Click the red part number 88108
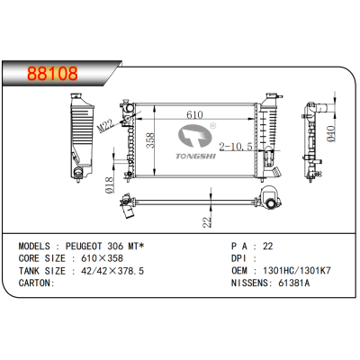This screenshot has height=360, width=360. click(x=52, y=74)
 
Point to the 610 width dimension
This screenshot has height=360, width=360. click(x=194, y=114)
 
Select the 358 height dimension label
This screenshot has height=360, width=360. click(x=149, y=140)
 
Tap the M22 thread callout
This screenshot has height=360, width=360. click(x=105, y=125)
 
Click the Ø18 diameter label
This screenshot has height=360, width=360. click(x=110, y=184)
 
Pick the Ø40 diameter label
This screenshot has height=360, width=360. click(x=330, y=134)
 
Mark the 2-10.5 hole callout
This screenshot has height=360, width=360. click(x=236, y=147)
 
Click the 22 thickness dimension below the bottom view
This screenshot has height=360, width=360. click(x=207, y=221)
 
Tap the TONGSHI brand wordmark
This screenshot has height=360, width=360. click(x=195, y=156)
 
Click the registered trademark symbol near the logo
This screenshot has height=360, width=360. click(x=212, y=126)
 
